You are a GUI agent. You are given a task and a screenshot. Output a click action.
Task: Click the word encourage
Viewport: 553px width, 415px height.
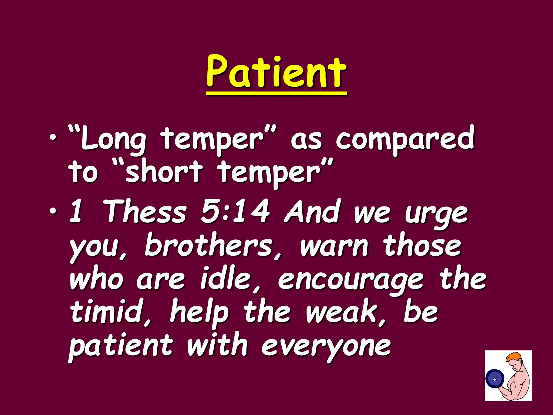point(351,281)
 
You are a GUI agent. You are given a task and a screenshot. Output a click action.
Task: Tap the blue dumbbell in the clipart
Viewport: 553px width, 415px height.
point(495,379)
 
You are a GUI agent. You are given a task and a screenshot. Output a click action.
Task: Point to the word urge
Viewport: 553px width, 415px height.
point(436,215)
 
